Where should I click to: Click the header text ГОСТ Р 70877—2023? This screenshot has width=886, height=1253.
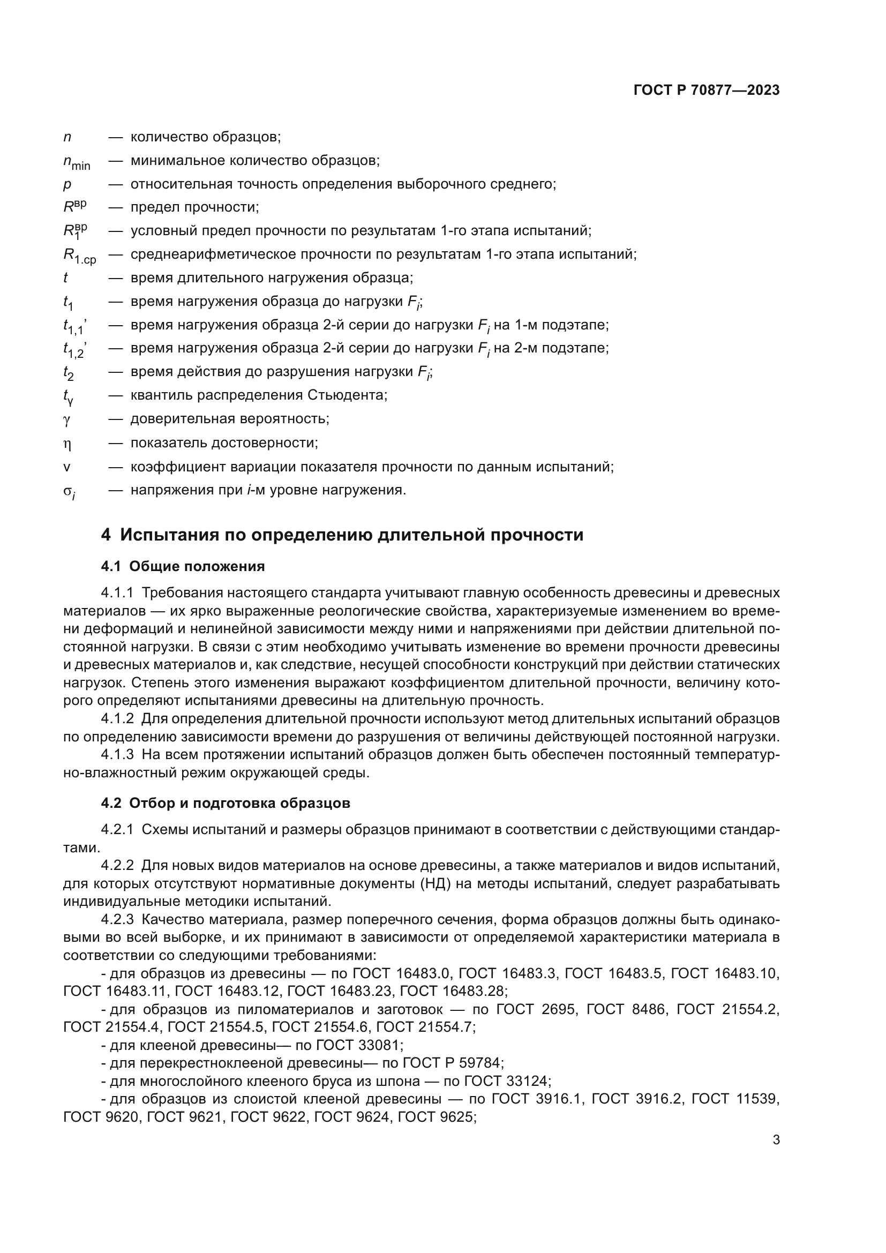pyautogui.click(x=706, y=90)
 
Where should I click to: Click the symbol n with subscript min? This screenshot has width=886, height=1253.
pyautogui.click(x=77, y=162)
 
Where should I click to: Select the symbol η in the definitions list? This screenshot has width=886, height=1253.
pyautogui.click(x=67, y=444)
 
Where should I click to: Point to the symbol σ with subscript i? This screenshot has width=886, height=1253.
pyautogui.click(x=69, y=492)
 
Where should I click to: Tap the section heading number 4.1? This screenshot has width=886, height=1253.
pyautogui.click(x=111, y=566)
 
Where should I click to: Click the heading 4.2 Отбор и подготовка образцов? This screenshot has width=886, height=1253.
pyautogui.click(x=226, y=803)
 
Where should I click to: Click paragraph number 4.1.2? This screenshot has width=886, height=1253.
pyautogui.click(x=117, y=719)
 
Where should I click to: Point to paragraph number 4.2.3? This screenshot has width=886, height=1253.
pyautogui.click(x=117, y=920)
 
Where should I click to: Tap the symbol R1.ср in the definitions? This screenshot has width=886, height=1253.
pyautogui.click(x=79, y=256)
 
